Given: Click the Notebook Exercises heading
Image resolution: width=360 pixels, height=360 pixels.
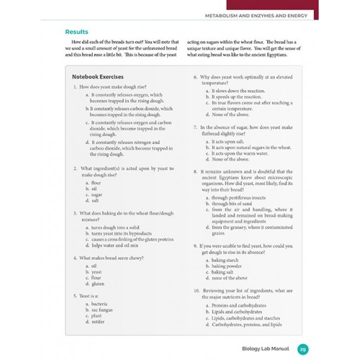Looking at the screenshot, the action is coord(97,77).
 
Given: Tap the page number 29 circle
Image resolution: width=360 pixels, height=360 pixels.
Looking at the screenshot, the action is coord(302,349).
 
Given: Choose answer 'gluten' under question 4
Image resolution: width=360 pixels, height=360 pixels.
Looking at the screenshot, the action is coord(97,284).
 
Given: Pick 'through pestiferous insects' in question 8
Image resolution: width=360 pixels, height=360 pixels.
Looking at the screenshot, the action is coord(238,197).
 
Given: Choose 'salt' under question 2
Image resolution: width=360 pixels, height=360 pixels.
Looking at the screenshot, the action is coord(95,200).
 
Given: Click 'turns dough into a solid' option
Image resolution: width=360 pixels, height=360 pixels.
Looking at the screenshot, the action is coord(115,227).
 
